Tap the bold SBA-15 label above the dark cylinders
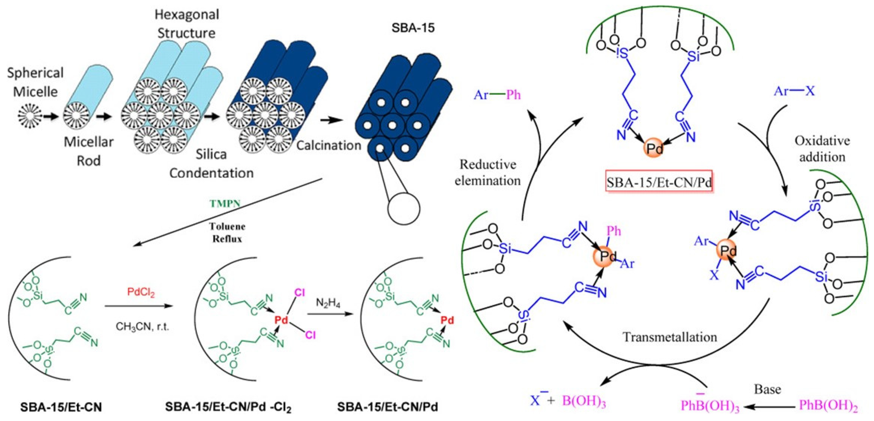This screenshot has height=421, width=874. click(413, 28)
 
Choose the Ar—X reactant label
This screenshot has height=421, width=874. click(794, 91)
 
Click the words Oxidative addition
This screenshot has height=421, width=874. click(822, 149)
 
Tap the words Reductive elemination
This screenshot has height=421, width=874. click(488, 173)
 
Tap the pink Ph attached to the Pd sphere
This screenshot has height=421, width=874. click(613, 231)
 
